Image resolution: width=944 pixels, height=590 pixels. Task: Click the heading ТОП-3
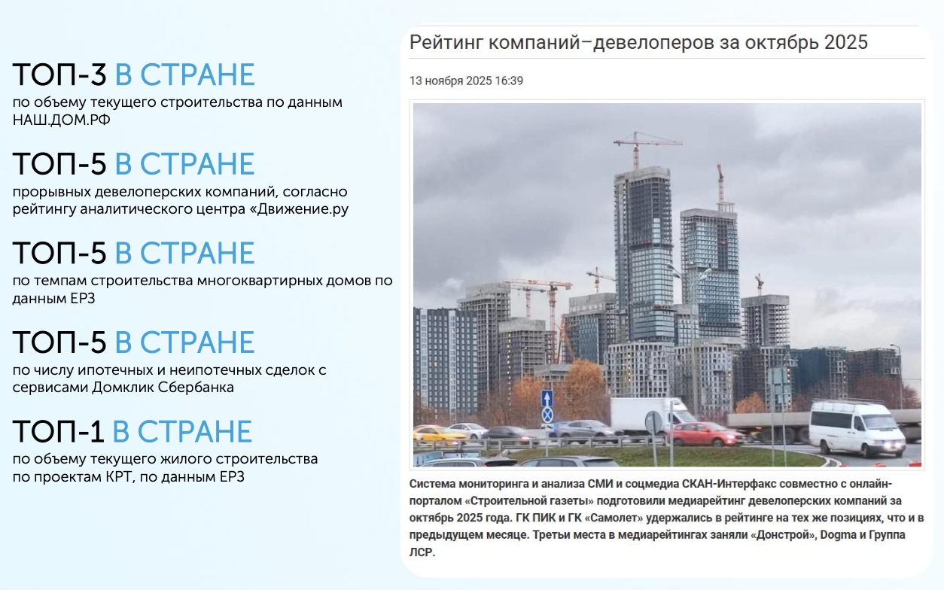[59, 75]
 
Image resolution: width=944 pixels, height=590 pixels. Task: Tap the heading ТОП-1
[58, 431]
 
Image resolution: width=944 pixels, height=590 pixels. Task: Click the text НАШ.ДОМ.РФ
[62, 120]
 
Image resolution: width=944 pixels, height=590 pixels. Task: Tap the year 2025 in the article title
[846, 42]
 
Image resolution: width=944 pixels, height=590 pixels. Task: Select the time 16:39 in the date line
[509, 81]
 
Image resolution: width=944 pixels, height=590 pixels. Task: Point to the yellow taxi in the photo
[438, 434]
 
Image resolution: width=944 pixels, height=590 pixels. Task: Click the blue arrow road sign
[547, 398]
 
